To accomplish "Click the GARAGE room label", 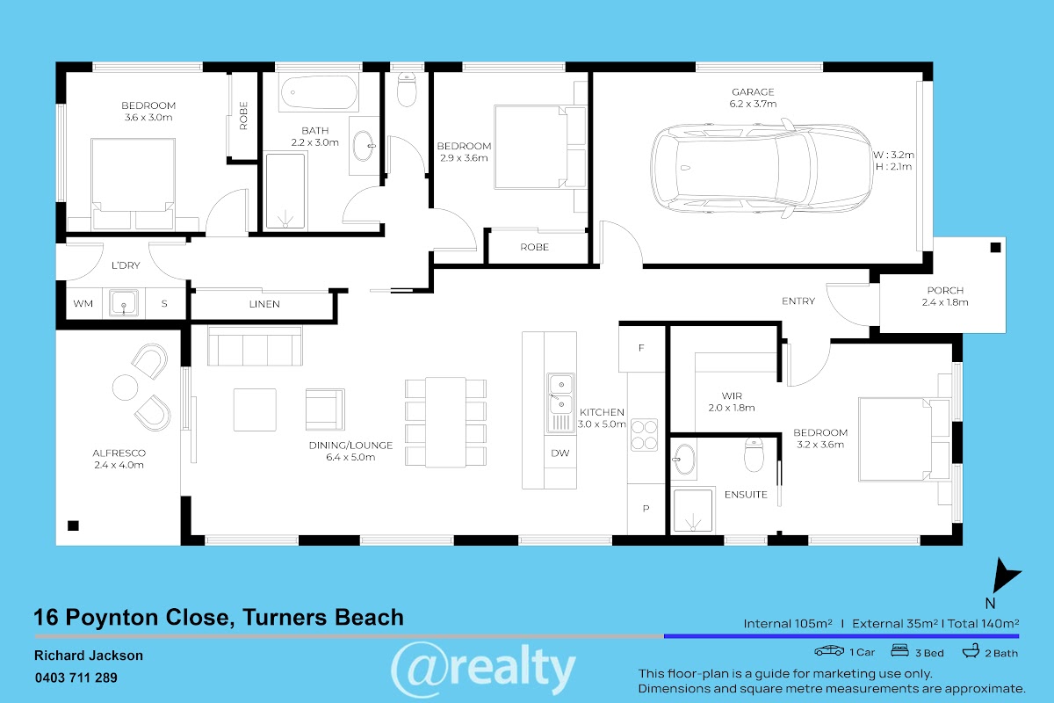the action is coord(753,91).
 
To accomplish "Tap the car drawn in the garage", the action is coord(762,169).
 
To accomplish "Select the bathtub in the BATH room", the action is coord(319,92).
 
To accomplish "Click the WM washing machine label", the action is coord(83,304).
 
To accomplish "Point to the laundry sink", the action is coord(124,302).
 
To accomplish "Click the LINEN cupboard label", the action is coord(264,304).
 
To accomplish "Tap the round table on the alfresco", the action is coord(125,388).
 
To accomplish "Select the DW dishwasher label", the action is coord(560,453).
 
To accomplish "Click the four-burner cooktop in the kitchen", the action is coord(644,435).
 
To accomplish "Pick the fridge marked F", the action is coord(641,349).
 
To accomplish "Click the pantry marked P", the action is coord(646,509).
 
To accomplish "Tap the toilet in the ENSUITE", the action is coord(754,455).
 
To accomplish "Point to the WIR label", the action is coord(732,396).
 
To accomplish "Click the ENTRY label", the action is coord(798,301).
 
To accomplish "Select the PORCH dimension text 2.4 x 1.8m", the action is coord(945,302).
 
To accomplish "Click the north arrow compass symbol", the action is coord(1005,576).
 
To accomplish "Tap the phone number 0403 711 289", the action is coord(76,678).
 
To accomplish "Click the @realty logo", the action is coord(483,669).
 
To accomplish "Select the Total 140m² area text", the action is coord(984,624).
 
